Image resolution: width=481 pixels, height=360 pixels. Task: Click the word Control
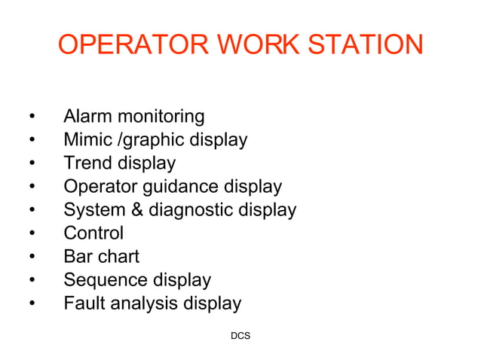93,233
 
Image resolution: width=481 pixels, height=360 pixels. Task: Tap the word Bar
78,257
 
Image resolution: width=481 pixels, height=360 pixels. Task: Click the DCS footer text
240,334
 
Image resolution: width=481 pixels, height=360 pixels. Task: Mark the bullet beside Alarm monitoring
32,117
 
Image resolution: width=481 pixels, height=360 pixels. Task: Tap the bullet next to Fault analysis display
32,304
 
